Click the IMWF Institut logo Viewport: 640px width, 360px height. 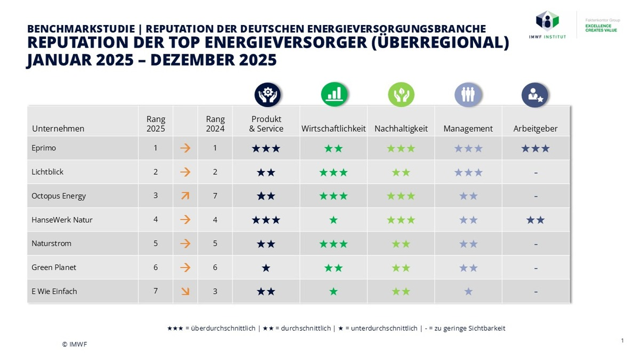550,24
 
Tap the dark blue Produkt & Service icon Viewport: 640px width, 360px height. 267,95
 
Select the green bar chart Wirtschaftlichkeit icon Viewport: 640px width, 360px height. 334,95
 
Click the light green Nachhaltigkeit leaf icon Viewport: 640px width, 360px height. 401,95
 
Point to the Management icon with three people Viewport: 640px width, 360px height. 468,95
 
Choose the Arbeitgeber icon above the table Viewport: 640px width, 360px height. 534,95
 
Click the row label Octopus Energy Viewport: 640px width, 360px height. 59,196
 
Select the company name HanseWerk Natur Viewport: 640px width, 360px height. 62,220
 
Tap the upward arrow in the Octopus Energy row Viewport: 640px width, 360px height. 185,196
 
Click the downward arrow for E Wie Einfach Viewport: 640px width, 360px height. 185,291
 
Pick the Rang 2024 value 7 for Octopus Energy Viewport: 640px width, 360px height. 215,196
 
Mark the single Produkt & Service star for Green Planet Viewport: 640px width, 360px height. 266,268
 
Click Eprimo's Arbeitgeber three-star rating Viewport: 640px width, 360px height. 535,148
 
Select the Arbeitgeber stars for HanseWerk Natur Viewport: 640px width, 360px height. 535,220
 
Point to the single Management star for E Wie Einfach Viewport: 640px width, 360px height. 468,291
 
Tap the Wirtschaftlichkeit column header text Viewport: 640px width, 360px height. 333,129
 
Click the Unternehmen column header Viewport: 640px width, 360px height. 58,129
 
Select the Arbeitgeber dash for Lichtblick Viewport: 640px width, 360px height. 535,172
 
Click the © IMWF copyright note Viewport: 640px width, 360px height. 74,344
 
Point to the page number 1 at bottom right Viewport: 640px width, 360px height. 622,340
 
